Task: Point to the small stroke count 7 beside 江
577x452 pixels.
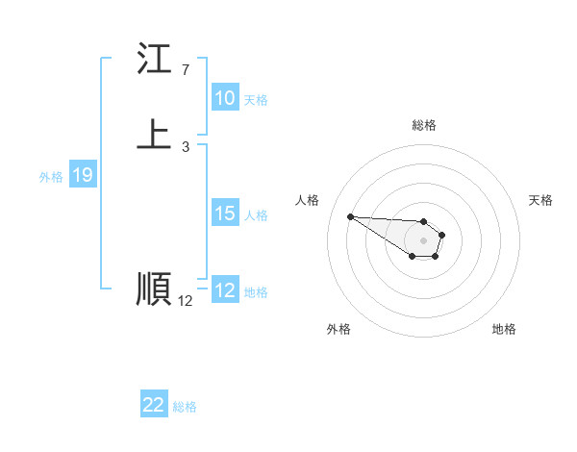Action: [185, 70]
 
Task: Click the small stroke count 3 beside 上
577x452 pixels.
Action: [185, 147]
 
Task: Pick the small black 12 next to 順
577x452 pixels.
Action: [186, 301]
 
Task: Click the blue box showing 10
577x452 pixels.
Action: [225, 98]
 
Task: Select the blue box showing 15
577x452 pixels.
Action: [225, 213]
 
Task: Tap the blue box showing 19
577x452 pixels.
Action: [83, 175]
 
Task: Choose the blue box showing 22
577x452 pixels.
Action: [154, 405]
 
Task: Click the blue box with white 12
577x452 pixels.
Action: [225, 290]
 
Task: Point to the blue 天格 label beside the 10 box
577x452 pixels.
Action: [256, 100]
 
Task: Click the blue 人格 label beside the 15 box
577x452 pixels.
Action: [256, 215]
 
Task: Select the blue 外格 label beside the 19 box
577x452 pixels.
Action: [51, 177]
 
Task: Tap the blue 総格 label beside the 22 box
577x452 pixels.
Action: [185, 407]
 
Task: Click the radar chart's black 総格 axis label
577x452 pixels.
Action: [424, 125]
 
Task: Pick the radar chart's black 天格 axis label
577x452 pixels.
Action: [541, 200]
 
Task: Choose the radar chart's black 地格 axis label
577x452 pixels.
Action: [504, 329]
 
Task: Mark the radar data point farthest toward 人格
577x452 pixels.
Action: [350, 216]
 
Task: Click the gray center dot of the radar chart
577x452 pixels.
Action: [423, 240]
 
